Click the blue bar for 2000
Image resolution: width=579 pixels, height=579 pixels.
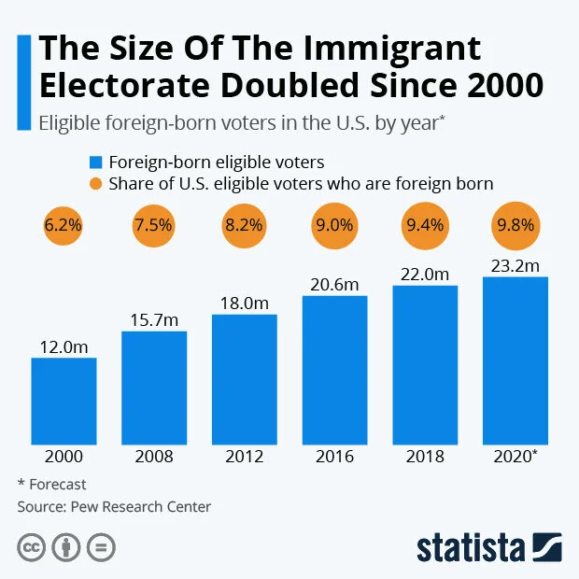(x=64, y=401)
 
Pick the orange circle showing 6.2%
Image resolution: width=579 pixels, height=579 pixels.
(x=64, y=225)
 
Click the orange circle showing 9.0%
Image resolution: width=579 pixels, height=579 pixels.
(x=335, y=225)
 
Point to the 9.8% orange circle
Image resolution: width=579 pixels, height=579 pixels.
(x=515, y=225)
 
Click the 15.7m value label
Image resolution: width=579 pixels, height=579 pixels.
(x=154, y=320)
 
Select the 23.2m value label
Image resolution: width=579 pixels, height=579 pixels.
(x=515, y=266)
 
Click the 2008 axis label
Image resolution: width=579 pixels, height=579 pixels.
(x=154, y=457)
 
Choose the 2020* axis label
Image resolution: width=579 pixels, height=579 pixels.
(x=515, y=457)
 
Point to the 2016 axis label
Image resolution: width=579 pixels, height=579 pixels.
(x=335, y=457)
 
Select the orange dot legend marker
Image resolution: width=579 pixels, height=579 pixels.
(x=95, y=183)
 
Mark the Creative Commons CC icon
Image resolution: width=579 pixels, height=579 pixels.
(x=31, y=546)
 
